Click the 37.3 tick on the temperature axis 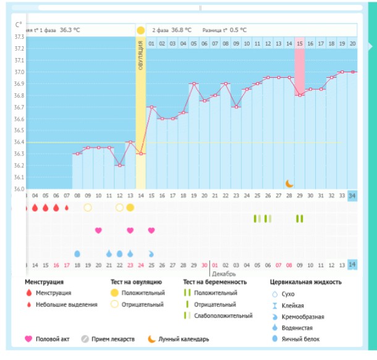(x=19, y=37)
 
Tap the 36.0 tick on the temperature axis (x=19, y=189)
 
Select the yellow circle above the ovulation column (x=141, y=30)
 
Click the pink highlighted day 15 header (x=300, y=43)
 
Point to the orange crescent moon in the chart (x=289, y=183)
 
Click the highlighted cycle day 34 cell (x=352, y=196)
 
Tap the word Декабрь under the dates (x=224, y=273)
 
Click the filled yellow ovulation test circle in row (x=130, y=207)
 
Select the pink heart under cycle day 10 (x=98, y=230)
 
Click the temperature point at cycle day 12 (x=119, y=165)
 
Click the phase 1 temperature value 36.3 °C (x=70, y=30)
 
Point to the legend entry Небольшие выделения (x=66, y=304)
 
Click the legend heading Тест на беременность (x=214, y=282)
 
